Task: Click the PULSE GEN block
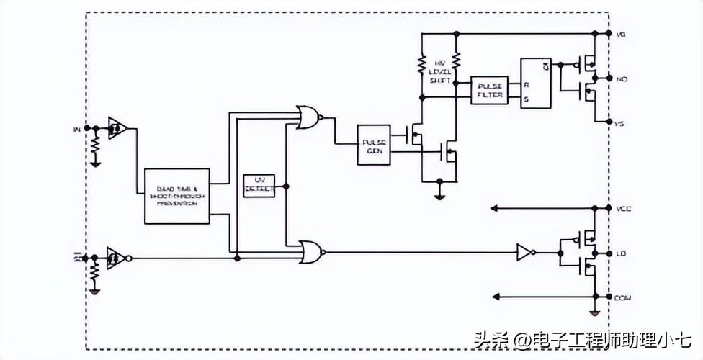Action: tap(374, 145)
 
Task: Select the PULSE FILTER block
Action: tap(490, 90)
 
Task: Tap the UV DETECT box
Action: tap(259, 185)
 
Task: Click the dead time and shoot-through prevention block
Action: tap(176, 197)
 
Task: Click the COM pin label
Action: tap(624, 297)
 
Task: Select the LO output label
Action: tap(621, 253)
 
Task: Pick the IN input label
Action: tap(77, 129)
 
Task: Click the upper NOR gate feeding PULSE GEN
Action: tap(308, 117)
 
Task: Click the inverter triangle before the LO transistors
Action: tap(525, 252)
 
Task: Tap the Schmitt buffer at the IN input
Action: tap(117, 127)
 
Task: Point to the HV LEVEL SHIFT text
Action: tap(439, 72)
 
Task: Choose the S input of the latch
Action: tap(527, 99)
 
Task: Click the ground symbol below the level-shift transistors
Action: tap(439, 194)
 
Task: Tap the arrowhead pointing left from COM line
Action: tap(494, 296)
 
